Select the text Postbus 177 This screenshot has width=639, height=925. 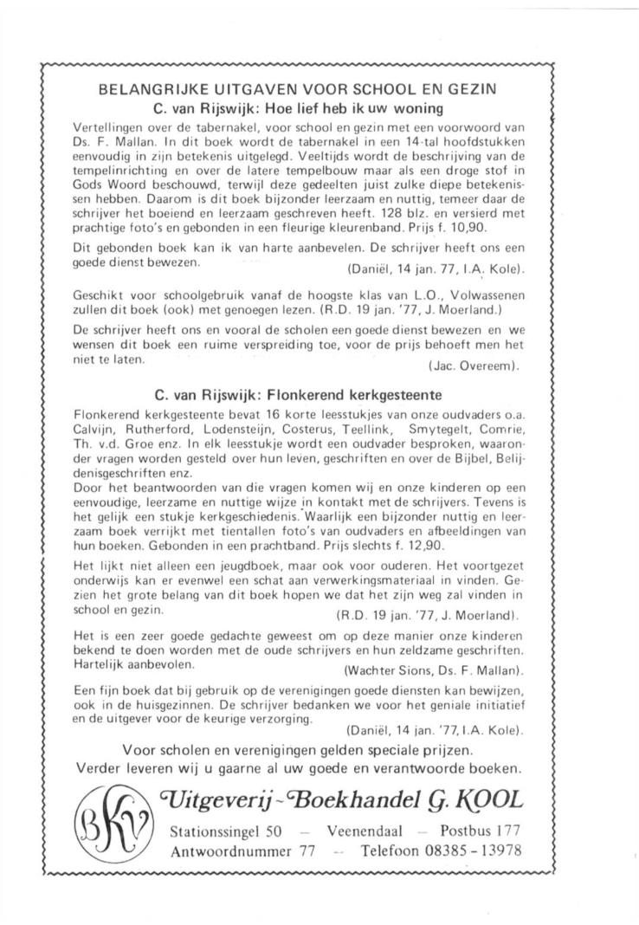[481, 831]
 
